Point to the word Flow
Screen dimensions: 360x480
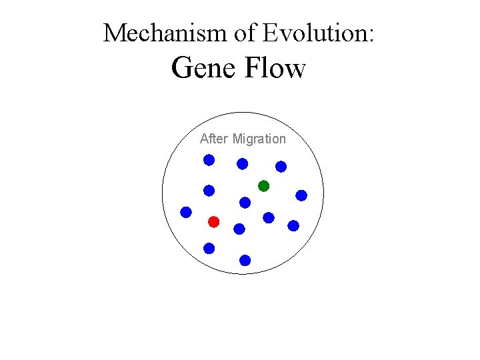click(x=275, y=68)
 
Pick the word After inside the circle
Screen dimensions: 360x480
click(x=213, y=139)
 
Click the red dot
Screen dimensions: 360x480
click(x=213, y=221)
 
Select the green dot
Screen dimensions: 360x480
click(x=263, y=186)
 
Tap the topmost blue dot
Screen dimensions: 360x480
click(x=209, y=160)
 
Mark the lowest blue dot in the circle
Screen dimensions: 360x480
click(x=245, y=260)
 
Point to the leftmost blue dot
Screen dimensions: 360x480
click(x=186, y=212)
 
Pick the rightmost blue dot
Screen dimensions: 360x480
click(x=301, y=195)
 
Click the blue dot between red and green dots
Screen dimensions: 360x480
click(x=245, y=203)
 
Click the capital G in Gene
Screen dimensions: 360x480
click(x=182, y=68)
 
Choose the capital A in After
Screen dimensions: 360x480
click(x=204, y=139)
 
